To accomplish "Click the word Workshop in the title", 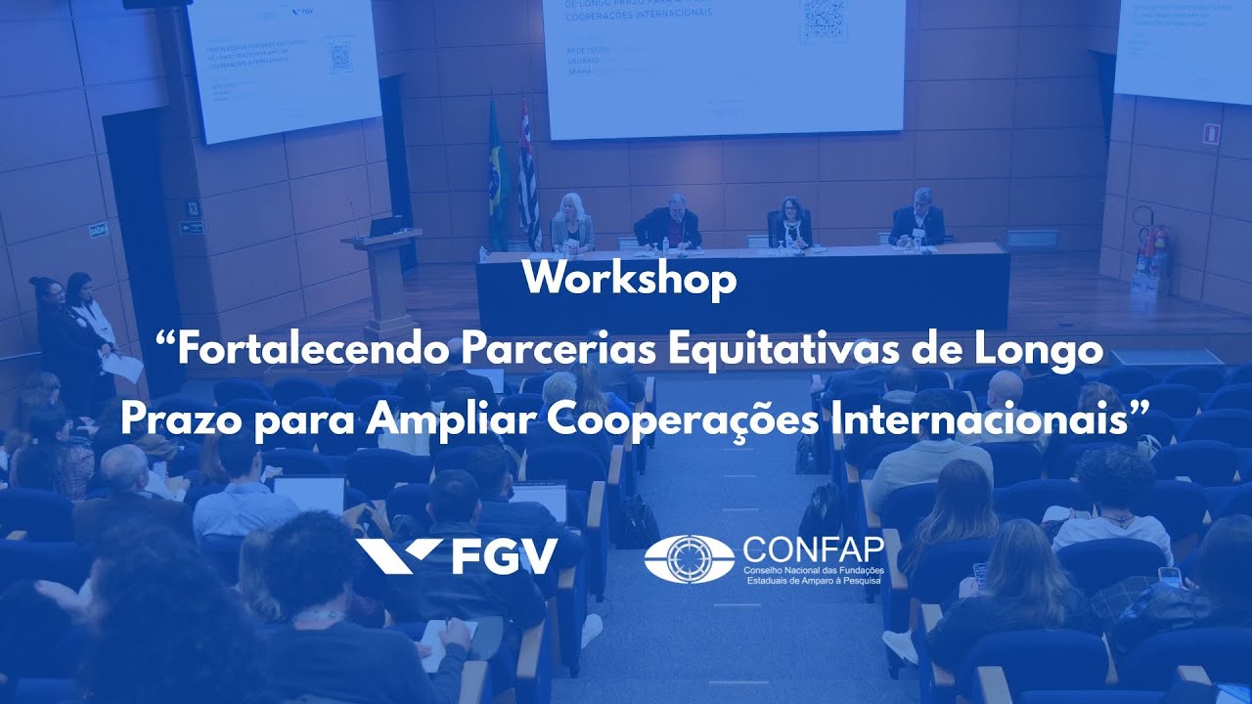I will (x=629, y=281).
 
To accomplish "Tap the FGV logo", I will (x=457, y=556).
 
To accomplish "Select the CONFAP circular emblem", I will (x=689, y=559).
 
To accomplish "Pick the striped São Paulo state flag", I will (x=528, y=176).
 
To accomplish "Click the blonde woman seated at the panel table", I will (x=571, y=224).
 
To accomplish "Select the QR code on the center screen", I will (x=824, y=20).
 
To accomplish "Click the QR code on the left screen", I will (x=340, y=58).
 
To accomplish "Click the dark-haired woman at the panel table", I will (x=790, y=224).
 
